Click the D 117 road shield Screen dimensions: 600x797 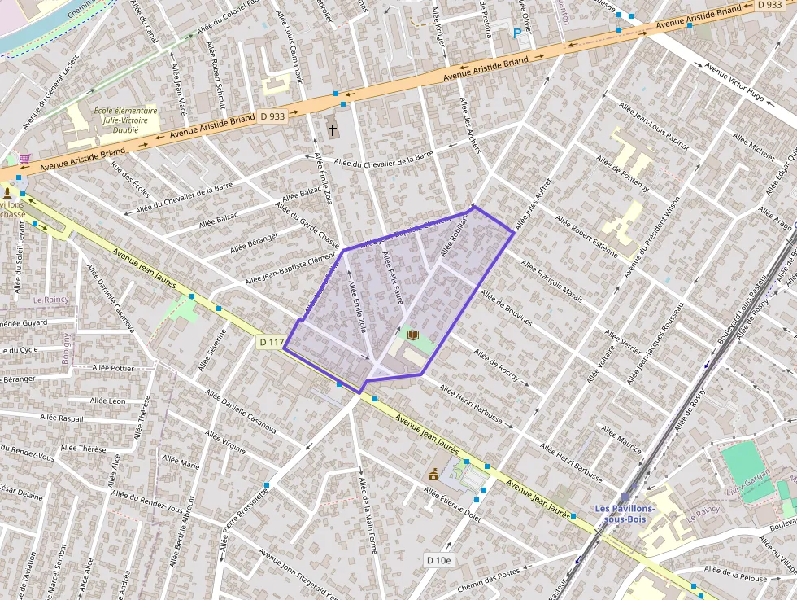[271, 343]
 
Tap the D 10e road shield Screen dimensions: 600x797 [438, 560]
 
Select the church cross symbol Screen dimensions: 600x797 [332, 129]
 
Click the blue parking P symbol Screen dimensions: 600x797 [516, 33]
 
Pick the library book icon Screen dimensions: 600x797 [412, 335]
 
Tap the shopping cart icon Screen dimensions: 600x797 [25, 158]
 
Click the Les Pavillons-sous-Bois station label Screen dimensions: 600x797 [625, 514]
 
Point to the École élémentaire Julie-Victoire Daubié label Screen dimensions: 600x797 [125, 120]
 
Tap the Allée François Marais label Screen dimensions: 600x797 [551, 282]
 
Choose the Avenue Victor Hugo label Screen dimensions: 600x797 [734, 82]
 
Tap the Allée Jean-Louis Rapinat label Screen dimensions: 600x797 [654, 127]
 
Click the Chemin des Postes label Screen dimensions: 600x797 [490, 580]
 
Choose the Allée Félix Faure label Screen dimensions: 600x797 [393, 278]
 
